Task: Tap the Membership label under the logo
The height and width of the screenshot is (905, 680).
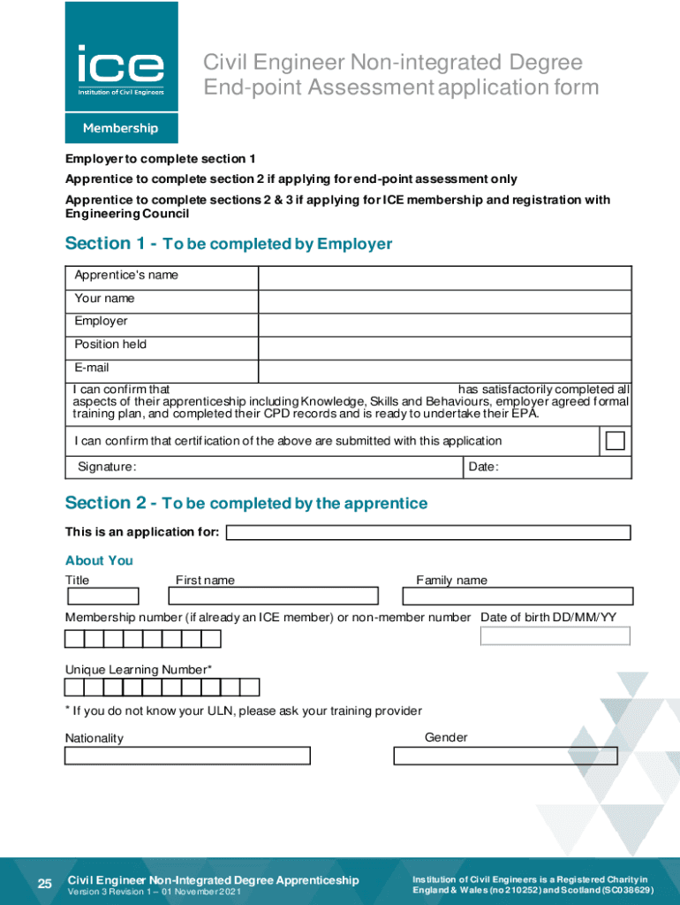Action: pyautogui.click(x=121, y=128)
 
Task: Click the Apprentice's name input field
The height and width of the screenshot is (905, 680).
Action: pyautogui.click(x=444, y=278)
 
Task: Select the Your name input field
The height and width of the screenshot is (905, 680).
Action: pyautogui.click(x=444, y=301)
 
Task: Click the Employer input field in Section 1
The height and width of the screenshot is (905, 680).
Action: pyautogui.click(x=444, y=324)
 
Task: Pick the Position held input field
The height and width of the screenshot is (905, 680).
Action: pyautogui.click(x=444, y=347)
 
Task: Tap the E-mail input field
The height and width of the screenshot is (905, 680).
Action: pyautogui.click(x=444, y=370)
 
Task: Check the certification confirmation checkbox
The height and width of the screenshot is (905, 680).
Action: pyautogui.click(x=616, y=441)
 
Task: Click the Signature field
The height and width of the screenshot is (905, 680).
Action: pyautogui.click(x=298, y=467)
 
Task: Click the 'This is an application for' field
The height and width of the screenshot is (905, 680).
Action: pyautogui.click(x=428, y=533)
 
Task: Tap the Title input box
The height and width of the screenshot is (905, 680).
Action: pyautogui.click(x=102, y=597)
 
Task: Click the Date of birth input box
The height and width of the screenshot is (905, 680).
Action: pyautogui.click(x=555, y=635)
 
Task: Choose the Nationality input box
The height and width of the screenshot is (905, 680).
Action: pyautogui.click(x=187, y=756)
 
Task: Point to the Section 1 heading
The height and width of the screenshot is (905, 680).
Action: pyautogui.click(x=229, y=244)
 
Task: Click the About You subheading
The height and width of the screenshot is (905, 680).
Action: pyautogui.click(x=99, y=560)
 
